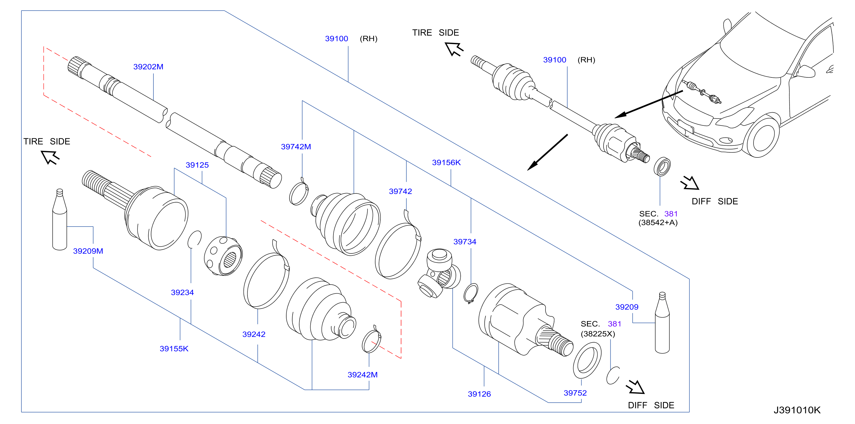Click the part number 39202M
coord(148,67)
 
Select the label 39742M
coord(296,147)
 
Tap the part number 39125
coord(197,165)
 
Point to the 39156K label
coord(446,162)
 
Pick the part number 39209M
coord(88,251)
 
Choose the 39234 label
coord(182,292)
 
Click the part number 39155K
coord(174,348)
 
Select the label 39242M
coord(362,375)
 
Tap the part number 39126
coord(479,394)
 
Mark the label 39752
coord(575,393)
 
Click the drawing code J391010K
coord(797,410)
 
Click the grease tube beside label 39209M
coord(60,220)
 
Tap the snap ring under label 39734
coord(471,293)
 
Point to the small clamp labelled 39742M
coord(299,192)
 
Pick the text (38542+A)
coord(658,222)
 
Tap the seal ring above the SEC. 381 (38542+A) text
coord(662,166)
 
